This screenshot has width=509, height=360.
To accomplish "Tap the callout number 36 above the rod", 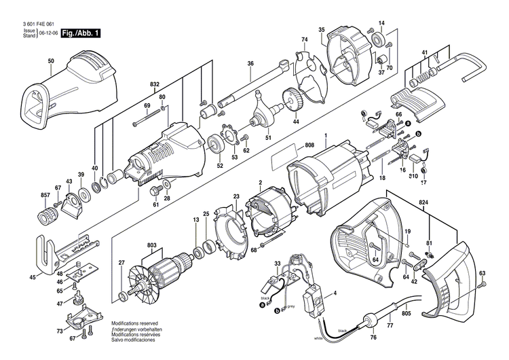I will pyautogui.click(x=250, y=64).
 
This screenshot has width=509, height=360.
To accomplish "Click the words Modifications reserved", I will pyautogui.click(x=133, y=324).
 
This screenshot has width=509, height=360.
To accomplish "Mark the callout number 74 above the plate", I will pyautogui.click(x=304, y=41).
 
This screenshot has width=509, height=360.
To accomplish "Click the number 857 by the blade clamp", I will pyautogui.click(x=45, y=196).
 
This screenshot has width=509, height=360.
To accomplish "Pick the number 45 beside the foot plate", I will pyautogui.click(x=32, y=276).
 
